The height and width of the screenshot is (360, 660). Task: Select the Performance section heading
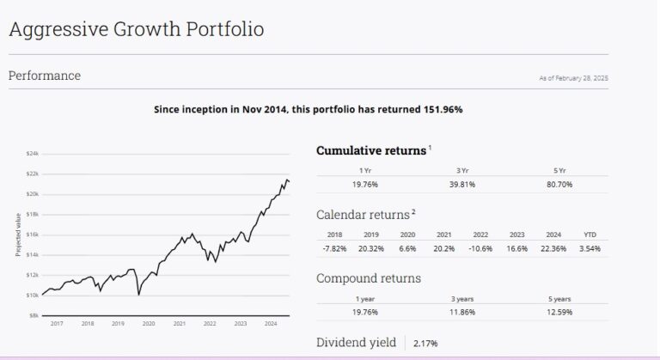coord(45,76)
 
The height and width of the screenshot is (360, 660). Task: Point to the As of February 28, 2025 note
coord(573,78)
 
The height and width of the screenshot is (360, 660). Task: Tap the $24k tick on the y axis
coord(33,153)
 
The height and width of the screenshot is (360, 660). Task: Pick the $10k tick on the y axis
coord(33,296)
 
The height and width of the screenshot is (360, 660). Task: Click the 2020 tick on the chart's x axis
coord(148,324)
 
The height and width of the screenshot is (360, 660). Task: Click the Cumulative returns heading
coord(371,150)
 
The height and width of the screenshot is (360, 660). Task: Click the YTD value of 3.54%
coord(590,248)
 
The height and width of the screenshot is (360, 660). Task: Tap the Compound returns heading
coord(369,278)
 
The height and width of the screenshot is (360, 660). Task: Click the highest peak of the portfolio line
coord(284,179)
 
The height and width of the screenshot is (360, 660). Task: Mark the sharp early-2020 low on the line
coord(139,295)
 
